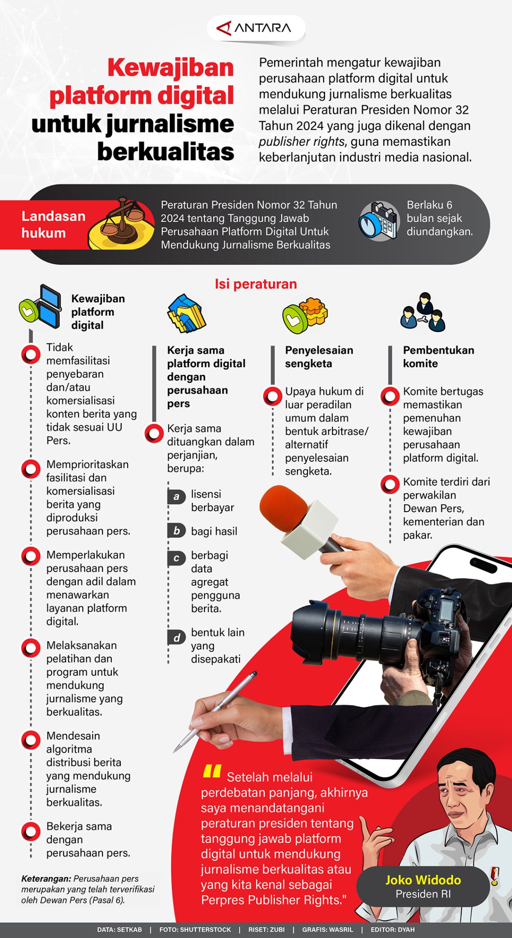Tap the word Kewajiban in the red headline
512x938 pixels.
(171, 68)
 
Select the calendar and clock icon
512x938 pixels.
(379, 221)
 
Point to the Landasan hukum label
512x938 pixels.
(53, 224)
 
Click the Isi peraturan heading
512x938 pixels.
(256, 284)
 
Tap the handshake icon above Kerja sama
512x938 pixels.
(186, 313)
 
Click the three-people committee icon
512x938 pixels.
(423, 313)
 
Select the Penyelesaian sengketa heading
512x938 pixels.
(319, 357)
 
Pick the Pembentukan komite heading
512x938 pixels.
(438, 357)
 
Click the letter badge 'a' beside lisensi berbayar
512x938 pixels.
(177, 496)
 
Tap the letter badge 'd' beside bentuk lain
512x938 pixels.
(177, 637)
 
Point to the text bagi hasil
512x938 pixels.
(214, 531)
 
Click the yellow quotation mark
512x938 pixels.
(212, 771)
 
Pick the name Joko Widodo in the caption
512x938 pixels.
(423, 880)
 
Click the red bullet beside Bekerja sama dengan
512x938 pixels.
(31, 831)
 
